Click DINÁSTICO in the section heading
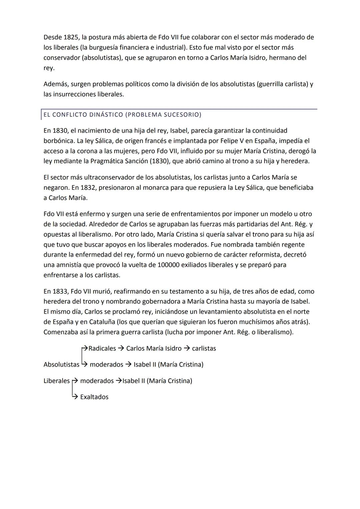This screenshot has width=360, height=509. pyautogui.click(x=106, y=115)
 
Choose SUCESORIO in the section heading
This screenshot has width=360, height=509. pyautogui.click(x=183, y=115)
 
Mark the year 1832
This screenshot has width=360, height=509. pyautogui.click(x=88, y=188)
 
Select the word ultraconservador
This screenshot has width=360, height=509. pyautogui.click(x=110, y=177)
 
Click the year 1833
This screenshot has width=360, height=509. pyautogui.click(x=60, y=291)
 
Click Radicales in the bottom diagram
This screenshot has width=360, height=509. pyautogui.click(x=102, y=348)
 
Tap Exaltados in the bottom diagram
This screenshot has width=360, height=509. pyautogui.click(x=94, y=397)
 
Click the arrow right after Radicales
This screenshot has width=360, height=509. pyautogui.click(x=121, y=348)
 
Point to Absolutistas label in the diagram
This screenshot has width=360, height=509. pyautogui.click(x=61, y=365)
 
